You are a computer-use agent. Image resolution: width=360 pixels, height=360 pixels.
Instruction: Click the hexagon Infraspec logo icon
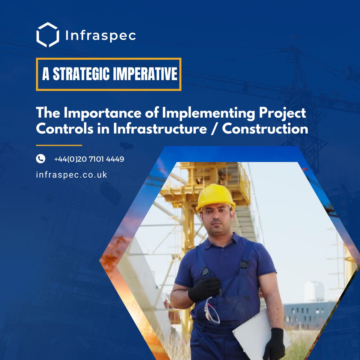pyautogui.click(x=47, y=35)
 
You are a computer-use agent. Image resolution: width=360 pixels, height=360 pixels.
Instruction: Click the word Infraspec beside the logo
pyautogui.click(x=100, y=36)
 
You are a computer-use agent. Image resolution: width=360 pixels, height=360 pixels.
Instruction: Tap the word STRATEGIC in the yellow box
pyautogui.click(x=81, y=74)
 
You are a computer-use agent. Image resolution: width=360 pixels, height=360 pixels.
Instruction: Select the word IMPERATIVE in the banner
pyautogui.click(x=145, y=74)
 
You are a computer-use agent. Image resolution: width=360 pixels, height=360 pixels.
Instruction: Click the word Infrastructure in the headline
pyautogui.click(x=160, y=129)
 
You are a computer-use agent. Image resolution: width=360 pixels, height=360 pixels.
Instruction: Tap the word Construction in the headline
pyautogui.click(x=265, y=129)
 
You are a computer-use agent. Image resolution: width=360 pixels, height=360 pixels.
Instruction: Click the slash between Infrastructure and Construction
pyautogui.click(x=214, y=129)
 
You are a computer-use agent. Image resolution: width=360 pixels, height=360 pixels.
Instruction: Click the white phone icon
pyautogui.click(x=40, y=159)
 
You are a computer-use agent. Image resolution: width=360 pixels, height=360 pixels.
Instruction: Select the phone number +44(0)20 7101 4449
pyautogui.click(x=89, y=159)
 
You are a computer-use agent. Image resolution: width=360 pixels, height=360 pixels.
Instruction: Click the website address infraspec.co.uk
pyautogui.click(x=71, y=175)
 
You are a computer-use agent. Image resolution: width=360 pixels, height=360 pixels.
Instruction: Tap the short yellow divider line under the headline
pyautogui.click(x=59, y=145)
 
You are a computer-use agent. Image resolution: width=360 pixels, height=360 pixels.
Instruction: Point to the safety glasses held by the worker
pyautogui.click(x=212, y=311)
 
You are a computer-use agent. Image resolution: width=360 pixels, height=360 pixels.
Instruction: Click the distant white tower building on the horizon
pyautogui.click(x=314, y=291)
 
